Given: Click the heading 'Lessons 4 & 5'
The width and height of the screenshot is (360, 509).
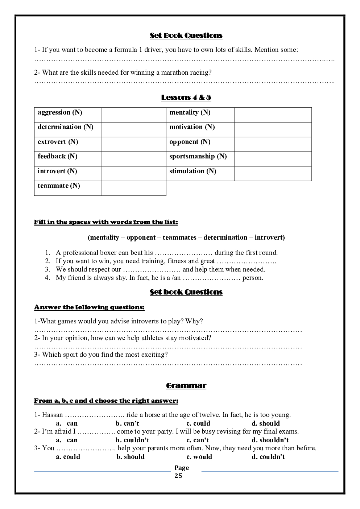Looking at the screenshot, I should click(x=186, y=98).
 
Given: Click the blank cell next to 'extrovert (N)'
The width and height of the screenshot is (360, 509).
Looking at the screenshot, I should click(x=134, y=144).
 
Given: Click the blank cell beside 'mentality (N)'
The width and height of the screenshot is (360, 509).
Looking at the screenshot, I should click(x=273, y=115).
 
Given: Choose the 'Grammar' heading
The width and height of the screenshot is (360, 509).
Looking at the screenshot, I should click(x=186, y=386).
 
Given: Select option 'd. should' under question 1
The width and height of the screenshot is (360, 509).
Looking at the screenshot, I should click(x=266, y=423).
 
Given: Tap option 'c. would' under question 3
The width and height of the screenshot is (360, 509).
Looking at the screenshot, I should click(x=199, y=457).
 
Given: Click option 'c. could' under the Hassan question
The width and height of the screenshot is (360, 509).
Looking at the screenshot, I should click(x=198, y=423).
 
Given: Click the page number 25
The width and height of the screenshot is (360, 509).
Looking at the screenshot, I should click(x=178, y=476).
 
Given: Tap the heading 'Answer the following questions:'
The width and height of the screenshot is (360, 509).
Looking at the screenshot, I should click(x=89, y=307).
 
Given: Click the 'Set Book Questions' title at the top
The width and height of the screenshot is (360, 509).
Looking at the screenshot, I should click(x=186, y=36).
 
